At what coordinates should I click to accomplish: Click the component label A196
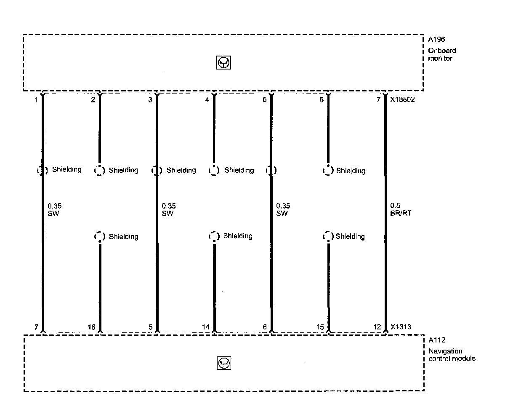(436, 40)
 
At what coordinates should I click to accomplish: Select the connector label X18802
(403, 100)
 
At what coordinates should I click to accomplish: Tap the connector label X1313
(400, 326)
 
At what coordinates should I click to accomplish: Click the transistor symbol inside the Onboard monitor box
(224, 63)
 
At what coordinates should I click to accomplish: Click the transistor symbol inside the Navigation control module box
(224, 363)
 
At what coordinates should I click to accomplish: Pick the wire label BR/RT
(401, 213)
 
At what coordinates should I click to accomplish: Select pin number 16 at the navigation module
(92, 327)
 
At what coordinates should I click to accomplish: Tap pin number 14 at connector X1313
(206, 327)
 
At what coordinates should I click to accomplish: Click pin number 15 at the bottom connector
(320, 327)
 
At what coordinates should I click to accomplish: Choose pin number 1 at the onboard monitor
(37, 100)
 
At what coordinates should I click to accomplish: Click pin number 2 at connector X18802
(93, 100)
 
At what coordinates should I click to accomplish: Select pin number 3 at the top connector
(150, 100)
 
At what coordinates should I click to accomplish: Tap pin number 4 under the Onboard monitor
(207, 100)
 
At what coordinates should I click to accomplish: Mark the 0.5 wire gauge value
(395, 206)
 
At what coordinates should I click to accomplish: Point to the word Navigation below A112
(445, 351)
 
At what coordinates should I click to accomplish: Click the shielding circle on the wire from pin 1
(42, 171)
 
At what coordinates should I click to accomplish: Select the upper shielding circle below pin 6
(328, 171)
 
